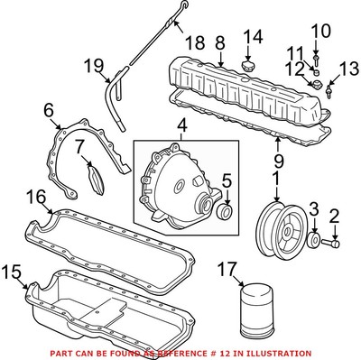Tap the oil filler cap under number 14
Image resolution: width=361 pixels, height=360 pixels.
tap(247, 65)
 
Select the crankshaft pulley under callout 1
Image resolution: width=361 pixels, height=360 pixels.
tap(277, 230)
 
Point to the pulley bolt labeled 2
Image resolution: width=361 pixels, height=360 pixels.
tap(331, 243)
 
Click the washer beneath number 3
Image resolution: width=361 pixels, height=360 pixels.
tap(315, 239)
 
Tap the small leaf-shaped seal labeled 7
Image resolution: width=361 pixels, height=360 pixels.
tap(96, 180)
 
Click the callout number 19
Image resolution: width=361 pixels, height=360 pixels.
tap(94, 66)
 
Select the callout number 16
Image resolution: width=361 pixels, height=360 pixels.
tap(36, 198)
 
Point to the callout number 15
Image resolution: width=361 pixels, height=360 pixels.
tap(12, 272)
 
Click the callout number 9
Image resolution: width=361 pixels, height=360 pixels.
tap(279, 161)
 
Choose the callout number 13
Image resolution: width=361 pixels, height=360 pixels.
tap(350, 69)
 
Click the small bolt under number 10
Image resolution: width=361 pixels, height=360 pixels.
tap(316, 60)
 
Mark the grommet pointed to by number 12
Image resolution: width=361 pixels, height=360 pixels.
tap(316, 84)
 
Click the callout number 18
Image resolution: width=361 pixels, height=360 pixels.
tap(195, 42)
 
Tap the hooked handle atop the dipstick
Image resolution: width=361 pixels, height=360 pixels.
tap(183, 6)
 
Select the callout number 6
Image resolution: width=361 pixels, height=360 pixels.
tap(49, 111)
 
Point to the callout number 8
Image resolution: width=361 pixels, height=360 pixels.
tap(220, 43)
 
